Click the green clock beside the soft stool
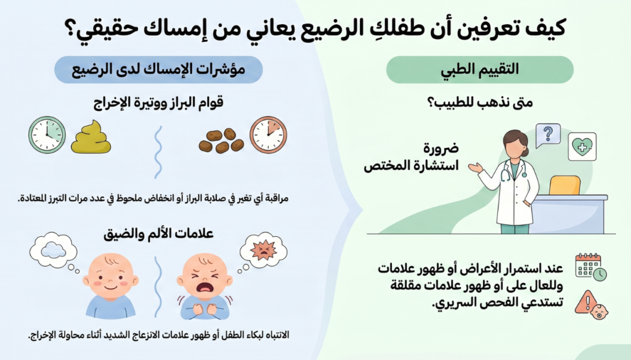coord(47,135)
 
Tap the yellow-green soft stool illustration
coord(91,137)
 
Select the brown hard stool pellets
coord(221,141)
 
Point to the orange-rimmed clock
coord(268,135)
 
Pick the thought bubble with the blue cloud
coord(54,252)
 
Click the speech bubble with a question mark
coord(548,135)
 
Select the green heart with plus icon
coord(582,147)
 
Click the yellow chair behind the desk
coord(564,185)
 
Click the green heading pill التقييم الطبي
coord(479,70)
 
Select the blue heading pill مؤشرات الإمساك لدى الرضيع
coord(158,70)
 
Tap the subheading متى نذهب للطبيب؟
coord(479,102)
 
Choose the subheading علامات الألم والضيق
coord(158,234)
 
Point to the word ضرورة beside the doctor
coord(441,148)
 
